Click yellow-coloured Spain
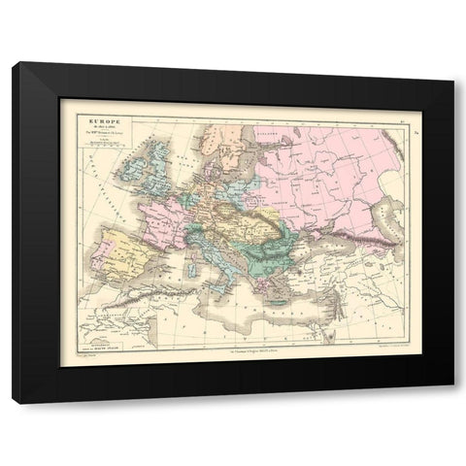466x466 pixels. click(x=115, y=255)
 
